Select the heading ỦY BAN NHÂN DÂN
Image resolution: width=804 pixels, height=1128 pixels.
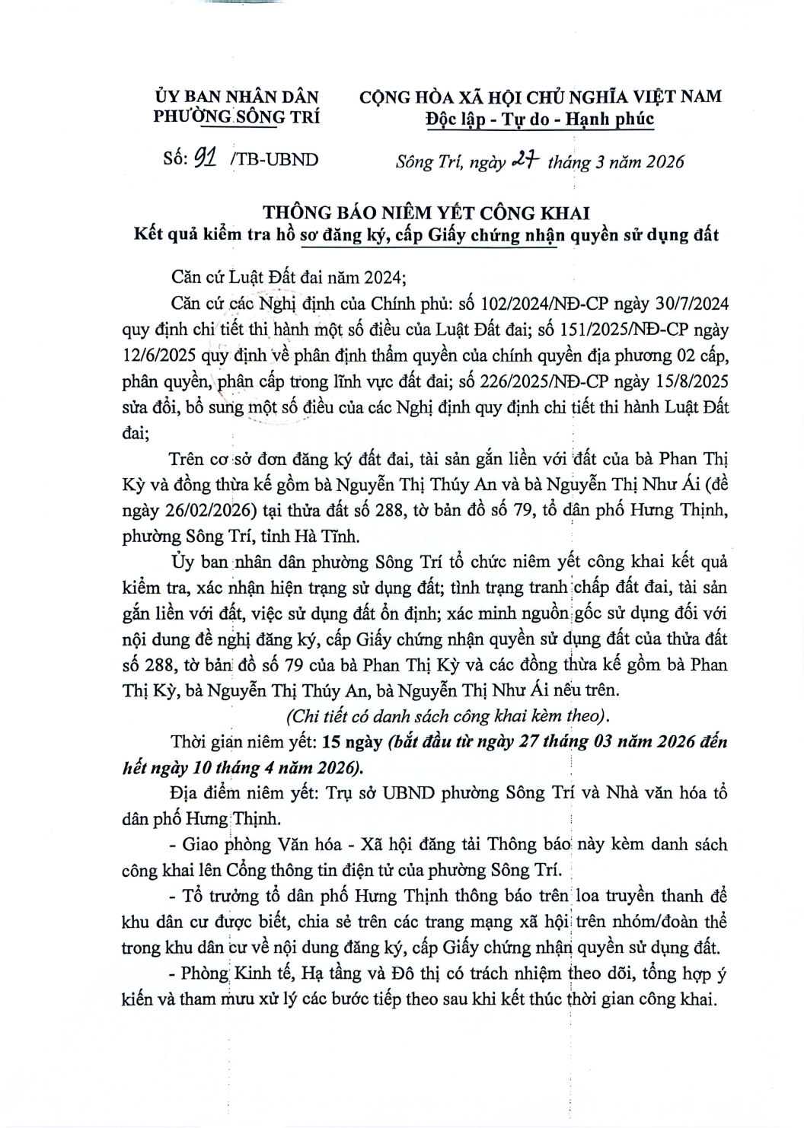tap(237, 97)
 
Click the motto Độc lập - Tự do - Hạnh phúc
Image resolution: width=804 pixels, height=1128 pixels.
tap(540, 119)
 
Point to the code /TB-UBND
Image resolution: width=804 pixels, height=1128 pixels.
tap(277, 159)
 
